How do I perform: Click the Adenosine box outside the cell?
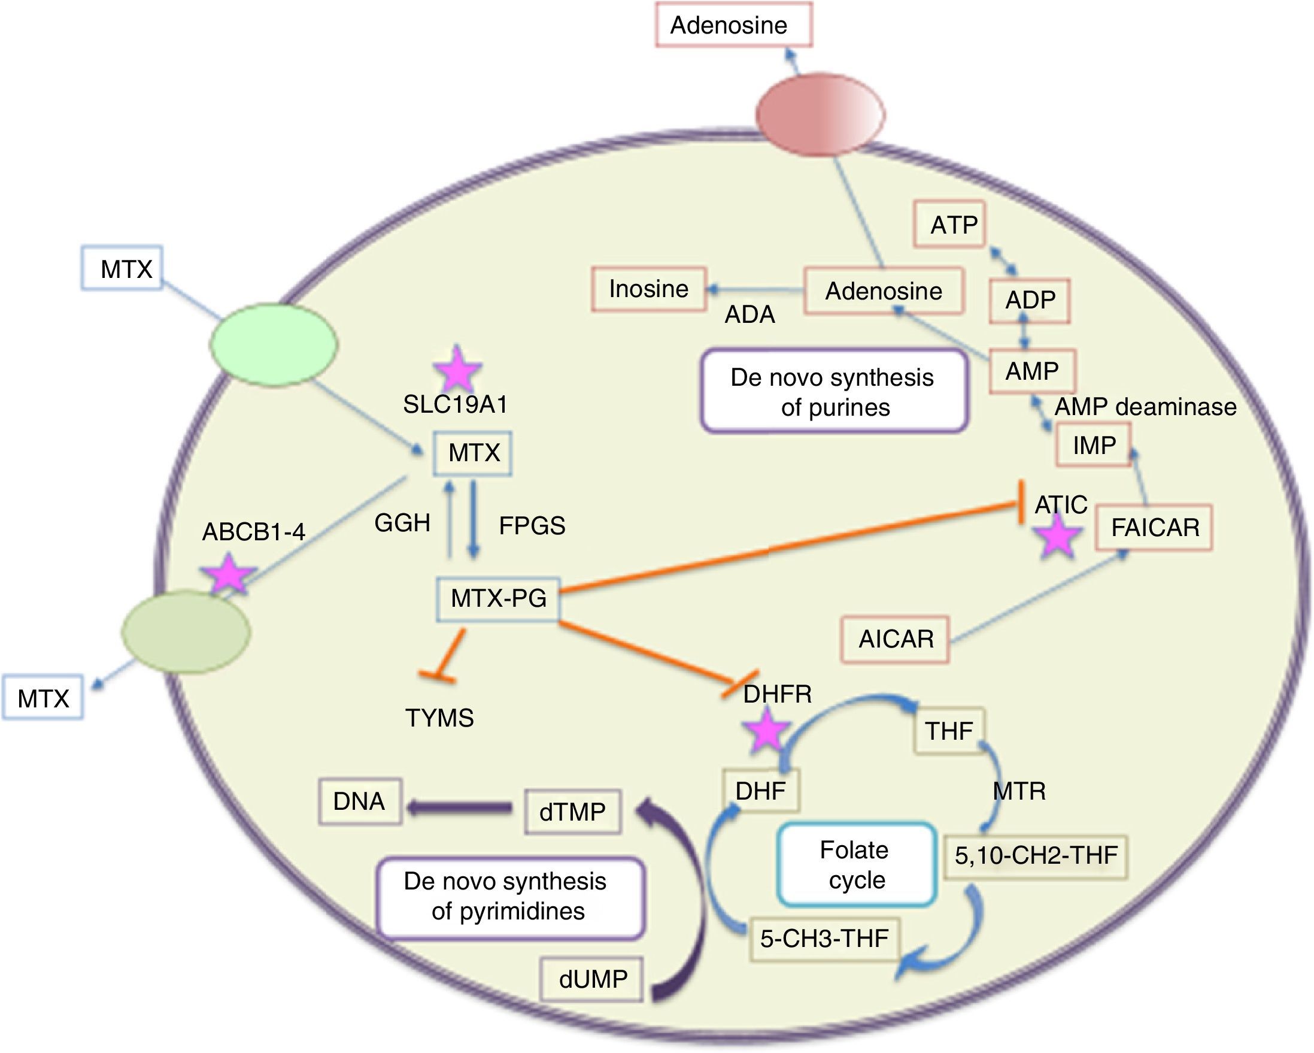[733, 25]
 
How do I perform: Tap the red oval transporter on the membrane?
[820, 113]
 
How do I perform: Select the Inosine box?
[648, 289]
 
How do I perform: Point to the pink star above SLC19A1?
[457, 370]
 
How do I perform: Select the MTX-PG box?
[498, 599]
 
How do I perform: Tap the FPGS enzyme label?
[532, 525]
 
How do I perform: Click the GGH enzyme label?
[402, 522]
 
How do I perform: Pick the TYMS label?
[439, 718]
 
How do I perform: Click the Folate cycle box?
[855, 864]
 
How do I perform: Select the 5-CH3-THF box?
[824, 939]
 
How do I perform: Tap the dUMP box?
[593, 979]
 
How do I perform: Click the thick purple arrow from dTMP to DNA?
[461, 809]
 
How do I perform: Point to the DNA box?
[360, 801]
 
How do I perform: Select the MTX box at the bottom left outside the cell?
[43, 698]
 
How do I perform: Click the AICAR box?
[896, 639]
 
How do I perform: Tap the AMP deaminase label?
[1145, 407]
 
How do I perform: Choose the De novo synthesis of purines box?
[834, 392]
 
